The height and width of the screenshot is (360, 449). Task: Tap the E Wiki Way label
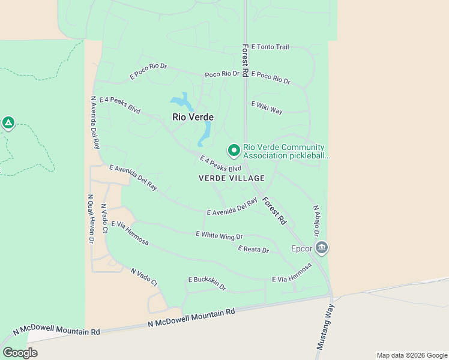click(x=267, y=107)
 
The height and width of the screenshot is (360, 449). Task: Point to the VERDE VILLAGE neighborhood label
click(x=231, y=178)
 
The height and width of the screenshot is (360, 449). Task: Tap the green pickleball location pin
click(x=233, y=149)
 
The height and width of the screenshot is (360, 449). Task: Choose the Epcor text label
click(x=302, y=248)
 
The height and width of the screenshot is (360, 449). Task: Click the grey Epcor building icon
click(x=322, y=248)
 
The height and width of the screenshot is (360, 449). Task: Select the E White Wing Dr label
click(x=219, y=236)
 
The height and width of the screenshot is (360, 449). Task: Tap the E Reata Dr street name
click(x=253, y=249)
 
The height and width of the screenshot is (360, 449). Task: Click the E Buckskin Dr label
click(x=207, y=283)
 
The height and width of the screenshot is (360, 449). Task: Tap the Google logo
click(x=20, y=353)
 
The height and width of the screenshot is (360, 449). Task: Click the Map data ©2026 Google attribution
click(x=411, y=355)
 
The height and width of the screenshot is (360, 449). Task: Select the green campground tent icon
click(x=8, y=124)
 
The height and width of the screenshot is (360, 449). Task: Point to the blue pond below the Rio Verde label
click(x=205, y=134)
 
